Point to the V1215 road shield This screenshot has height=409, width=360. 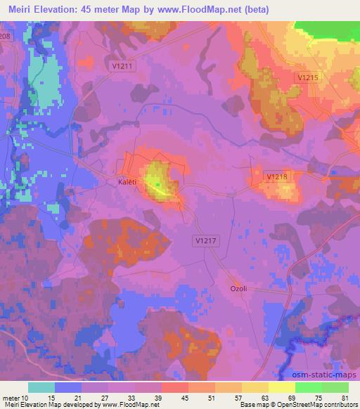coord(308,77)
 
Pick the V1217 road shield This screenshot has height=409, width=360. coord(204,240)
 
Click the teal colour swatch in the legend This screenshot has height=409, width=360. coord(41,387)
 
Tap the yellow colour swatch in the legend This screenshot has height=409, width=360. coord(282,387)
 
